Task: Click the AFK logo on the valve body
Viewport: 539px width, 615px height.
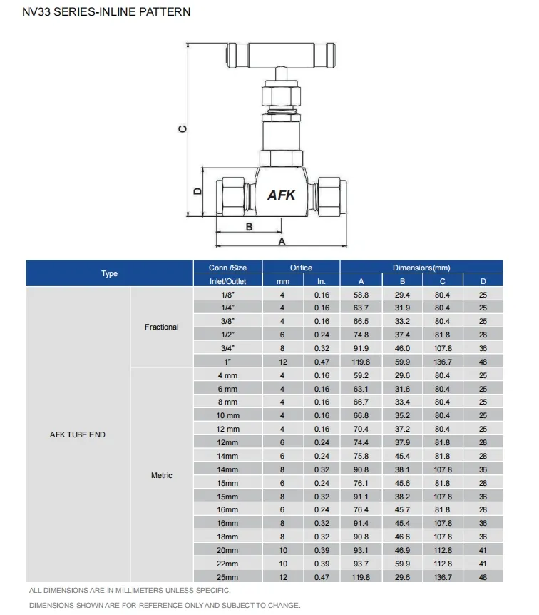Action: tap(281, 194)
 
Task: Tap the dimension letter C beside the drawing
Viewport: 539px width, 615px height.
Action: tap(182, 129)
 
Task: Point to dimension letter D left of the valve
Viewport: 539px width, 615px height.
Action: tap(198, 190)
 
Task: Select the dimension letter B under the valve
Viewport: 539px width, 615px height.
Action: tap(249, 227)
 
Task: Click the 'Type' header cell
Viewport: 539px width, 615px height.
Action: tap(109, 274)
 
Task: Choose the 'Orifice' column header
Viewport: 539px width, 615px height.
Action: tap(301, 268)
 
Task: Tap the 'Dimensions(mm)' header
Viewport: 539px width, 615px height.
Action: tap(421, 268)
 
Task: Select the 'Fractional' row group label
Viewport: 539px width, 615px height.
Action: tap(162, 327)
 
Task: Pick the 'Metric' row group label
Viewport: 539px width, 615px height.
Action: tap(162, 476)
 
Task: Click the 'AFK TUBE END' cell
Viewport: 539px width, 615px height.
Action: tap(78, 434)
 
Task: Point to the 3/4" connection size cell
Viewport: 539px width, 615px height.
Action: tap(227, 348)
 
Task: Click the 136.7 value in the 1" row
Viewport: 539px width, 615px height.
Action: tap(442, 362)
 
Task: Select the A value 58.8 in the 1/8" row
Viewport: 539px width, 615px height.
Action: tap(361, 294)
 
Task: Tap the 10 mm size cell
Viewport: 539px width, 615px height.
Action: tap(227, 415)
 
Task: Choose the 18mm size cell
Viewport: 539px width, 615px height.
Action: tap(227, 537)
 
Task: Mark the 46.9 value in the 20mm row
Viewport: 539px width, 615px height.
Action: tap(402, 550)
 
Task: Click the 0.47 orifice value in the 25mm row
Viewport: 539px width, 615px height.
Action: tap(321, 577)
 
